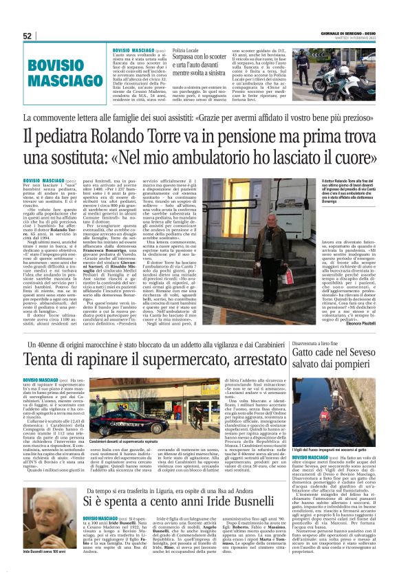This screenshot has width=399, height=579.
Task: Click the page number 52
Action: click(28, 36)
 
